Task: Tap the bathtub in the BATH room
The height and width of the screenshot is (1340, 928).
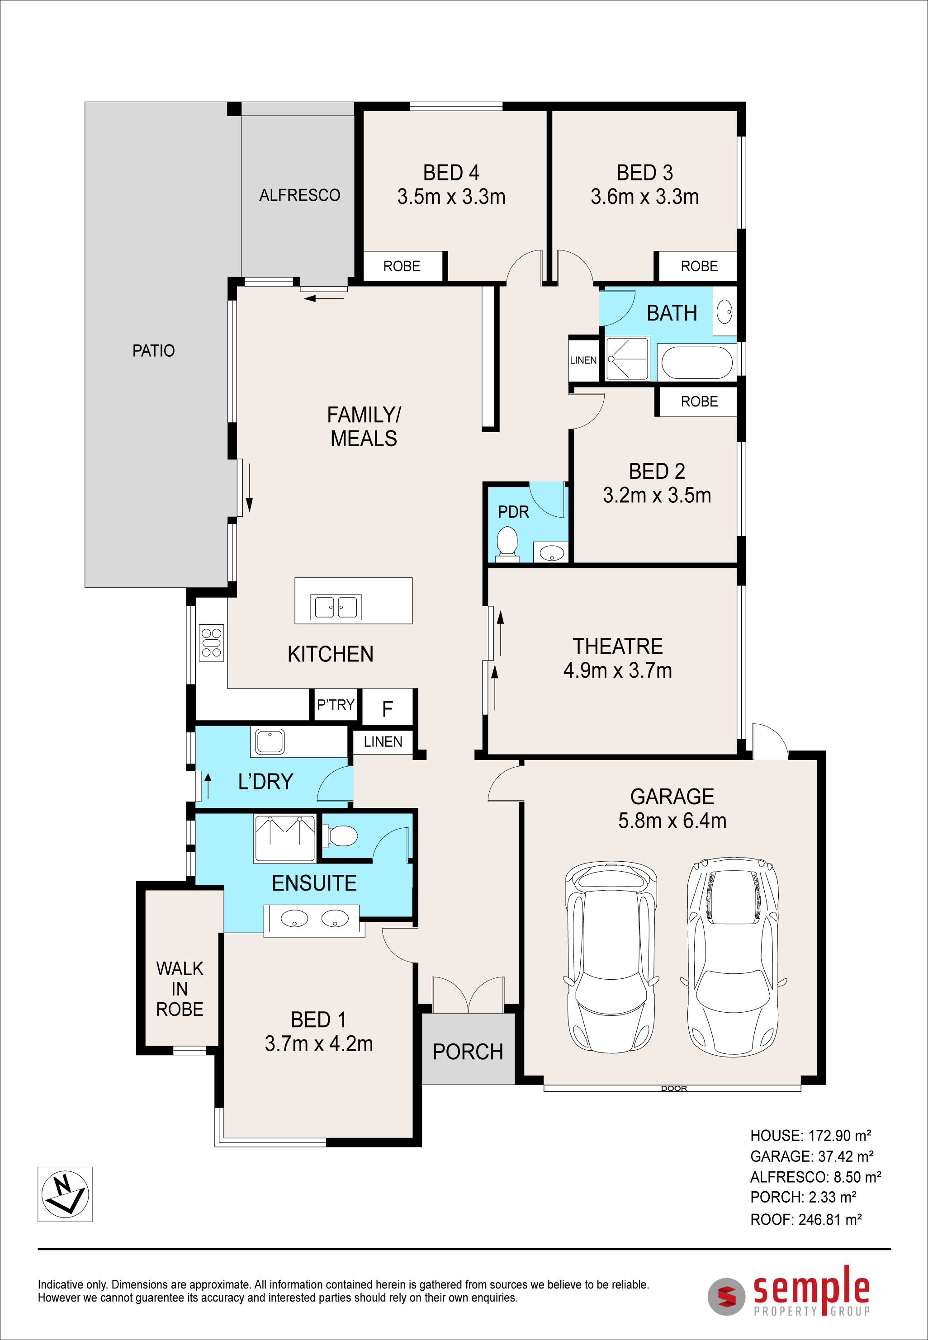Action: (x=696, y=363)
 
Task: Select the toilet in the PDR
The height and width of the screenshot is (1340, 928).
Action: (x=507, y=543)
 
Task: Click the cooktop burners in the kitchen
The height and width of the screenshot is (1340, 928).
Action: (x=211, y=643)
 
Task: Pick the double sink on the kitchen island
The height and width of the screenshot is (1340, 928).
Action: (x=336, y=607)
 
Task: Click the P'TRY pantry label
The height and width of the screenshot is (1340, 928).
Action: (x=336, y=705)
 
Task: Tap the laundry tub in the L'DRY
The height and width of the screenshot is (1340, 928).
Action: (x=270, y=741)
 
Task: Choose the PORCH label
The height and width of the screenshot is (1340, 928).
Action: (x=468, y=1052)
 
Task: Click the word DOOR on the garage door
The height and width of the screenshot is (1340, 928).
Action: (x=674, y=1088)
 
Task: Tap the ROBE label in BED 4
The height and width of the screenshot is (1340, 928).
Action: (x=402, y=266)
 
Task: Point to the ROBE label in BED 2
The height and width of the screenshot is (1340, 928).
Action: (x=700, y=401)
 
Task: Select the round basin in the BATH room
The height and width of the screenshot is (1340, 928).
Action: (x=724, y=311)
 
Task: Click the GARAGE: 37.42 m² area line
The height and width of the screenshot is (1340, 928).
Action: (x=812, y=1156)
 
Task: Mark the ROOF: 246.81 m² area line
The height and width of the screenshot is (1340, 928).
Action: (x=806, y=1219)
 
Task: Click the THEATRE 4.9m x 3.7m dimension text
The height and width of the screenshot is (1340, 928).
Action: (x=617, y=670)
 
